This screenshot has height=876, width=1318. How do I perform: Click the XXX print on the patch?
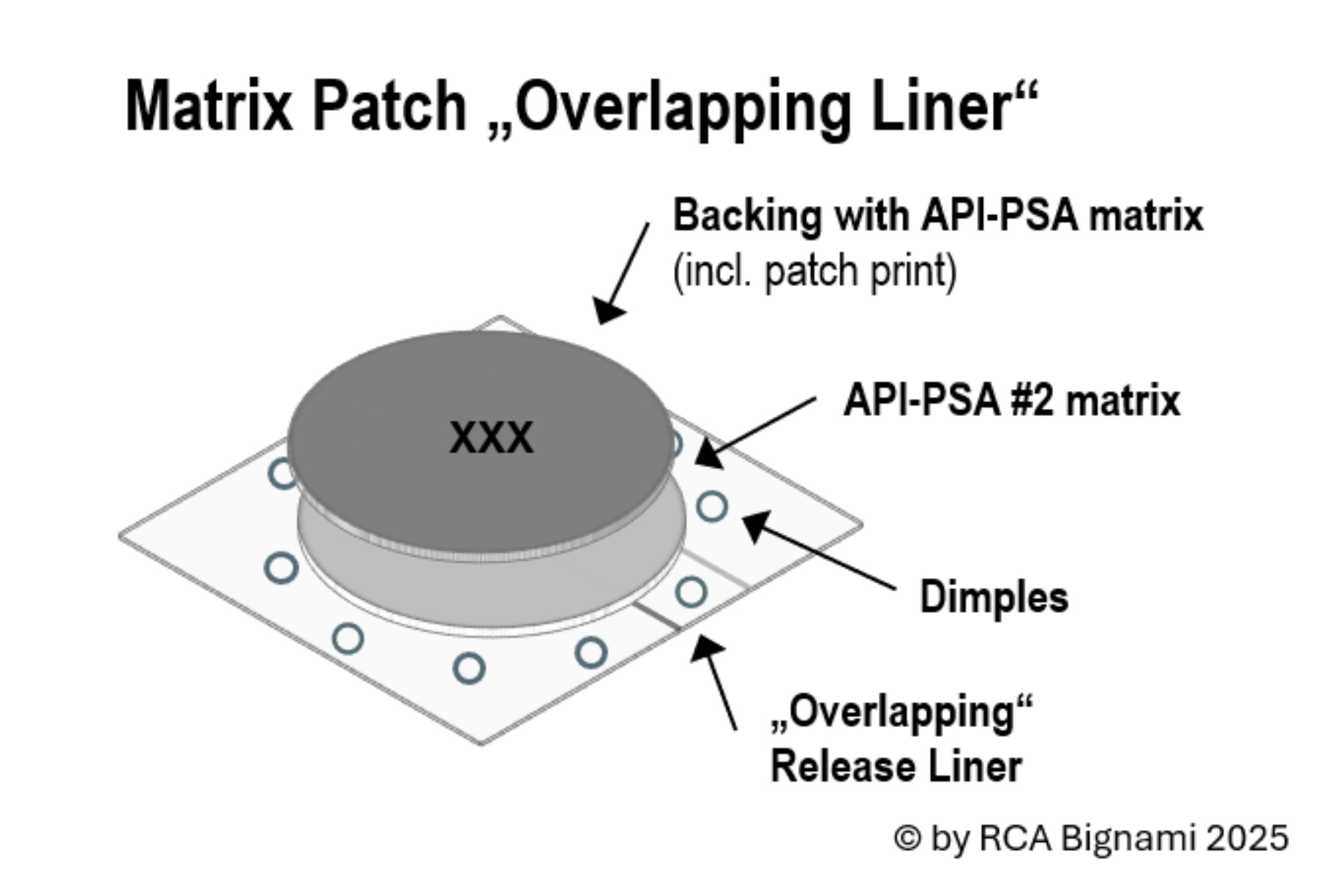tap(491, 438)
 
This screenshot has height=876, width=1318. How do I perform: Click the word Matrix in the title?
tap(209, 106)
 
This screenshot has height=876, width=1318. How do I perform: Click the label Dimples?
tap(994, 597)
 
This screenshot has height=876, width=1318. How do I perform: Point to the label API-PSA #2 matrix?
tap(1011, 400)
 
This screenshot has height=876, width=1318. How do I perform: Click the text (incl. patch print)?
tap(815, 271)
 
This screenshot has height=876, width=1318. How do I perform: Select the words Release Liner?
tap(896, 766)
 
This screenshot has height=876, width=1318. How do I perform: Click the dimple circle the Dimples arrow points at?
tap(712, 507)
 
